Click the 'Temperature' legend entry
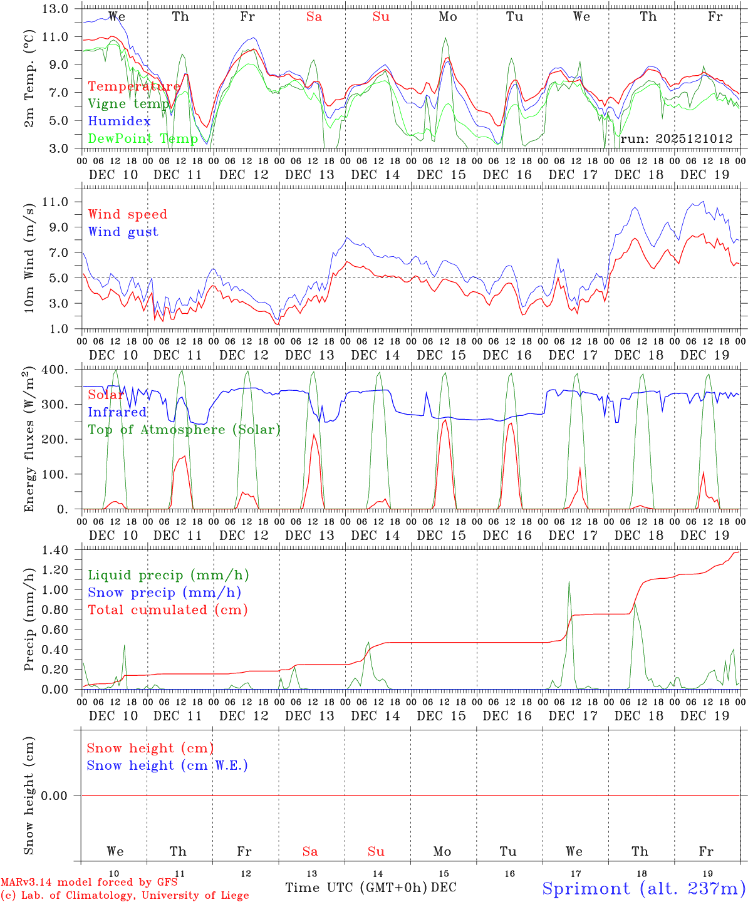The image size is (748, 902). (x=133, y=86)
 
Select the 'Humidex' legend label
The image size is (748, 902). (x=119, y=122)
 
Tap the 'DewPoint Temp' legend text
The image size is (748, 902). (x=143, y=138)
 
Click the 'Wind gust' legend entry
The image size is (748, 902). (x=123, y=232)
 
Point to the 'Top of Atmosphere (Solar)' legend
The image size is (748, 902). (x=184, y=430)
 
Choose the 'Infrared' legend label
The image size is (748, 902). (x=117, y=412)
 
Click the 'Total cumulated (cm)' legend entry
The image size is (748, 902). (x=167, y=609)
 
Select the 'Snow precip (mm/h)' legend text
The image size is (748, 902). (x=164, y=593)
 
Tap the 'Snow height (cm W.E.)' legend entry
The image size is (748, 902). (x=167, y=765)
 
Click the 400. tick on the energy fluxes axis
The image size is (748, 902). (x=56, y=370)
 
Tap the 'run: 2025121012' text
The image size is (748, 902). (x=676, y=138)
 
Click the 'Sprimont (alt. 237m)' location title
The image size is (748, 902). (x=643, y=888)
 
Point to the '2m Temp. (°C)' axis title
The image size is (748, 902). (x=29, y=78)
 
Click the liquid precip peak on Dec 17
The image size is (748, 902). (x=569, y=582)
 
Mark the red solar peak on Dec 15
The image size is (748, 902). (x=445, y=420)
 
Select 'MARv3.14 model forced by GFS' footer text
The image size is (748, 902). (x=89, y=882)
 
